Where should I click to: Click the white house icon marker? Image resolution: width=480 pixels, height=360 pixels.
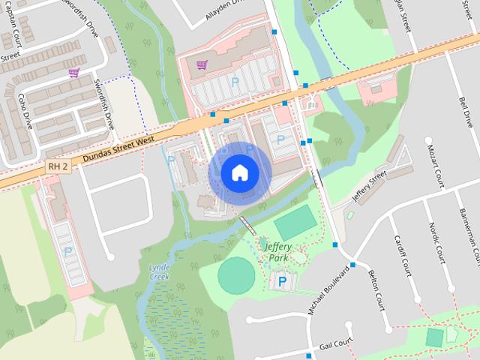pyautogui.click(x=239, y=173)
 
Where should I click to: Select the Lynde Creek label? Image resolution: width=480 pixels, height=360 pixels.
pyautogui.click(x=159, y=271)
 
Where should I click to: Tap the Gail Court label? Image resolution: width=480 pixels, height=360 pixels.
pyautogui.click(x=335, y=343)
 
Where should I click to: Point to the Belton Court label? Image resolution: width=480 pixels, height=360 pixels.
pyautogui.click(x=375, y=292)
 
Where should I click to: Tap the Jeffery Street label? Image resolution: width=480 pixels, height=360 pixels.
pyautogui.click(x=369, y=183)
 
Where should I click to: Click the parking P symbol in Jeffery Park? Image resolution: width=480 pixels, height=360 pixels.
pyautogui.click(x=283, y=282)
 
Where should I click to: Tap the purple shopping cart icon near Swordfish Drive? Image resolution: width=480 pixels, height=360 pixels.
pyautogui.click(x=73, y=73)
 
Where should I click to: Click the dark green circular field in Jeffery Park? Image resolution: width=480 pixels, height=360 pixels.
pyautogui.click(x=237, y=275)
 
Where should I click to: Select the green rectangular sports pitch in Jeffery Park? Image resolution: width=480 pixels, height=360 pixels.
pyautogui.click(x=295, y=223)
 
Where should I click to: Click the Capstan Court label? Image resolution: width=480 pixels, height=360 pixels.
pyautogui.click(x=15, y=29)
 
